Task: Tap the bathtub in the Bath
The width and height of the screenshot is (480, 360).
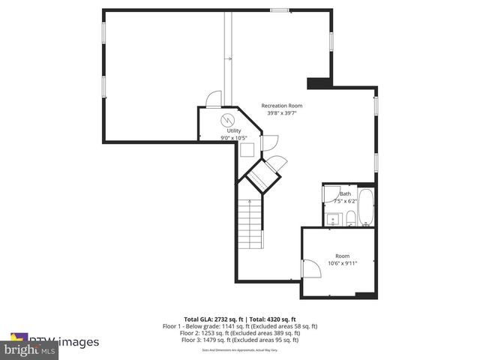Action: pyautogui.click(x=366, y=209)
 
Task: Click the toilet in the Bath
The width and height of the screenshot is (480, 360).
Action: pyautogui.click(x=350, y=218)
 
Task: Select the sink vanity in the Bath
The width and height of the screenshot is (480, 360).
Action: pyautogui.click(x=333, y=219)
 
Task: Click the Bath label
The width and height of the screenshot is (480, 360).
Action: pyautogui.click(x=345, y=194)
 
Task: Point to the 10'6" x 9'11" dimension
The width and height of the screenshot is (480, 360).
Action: pyautogui.click(x=343, y=263)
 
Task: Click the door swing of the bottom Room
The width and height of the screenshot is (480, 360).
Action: pyautogui.click(x=308, y=268)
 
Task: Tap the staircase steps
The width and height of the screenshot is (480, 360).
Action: pyautogui.click(x=251, y=224)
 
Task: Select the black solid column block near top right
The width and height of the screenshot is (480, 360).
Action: pyautogui.click(x=319, y=82)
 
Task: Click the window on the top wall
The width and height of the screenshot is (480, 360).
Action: pyautogui.click(x=279, y=10)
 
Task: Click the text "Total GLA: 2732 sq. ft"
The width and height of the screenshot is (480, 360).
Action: pyautogui.click(x=211, y=319)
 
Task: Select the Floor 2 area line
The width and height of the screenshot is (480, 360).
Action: pyautogui.click(x=240, y=333)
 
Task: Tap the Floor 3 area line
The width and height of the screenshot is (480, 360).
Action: pyautogui.click(x=240, y=340)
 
